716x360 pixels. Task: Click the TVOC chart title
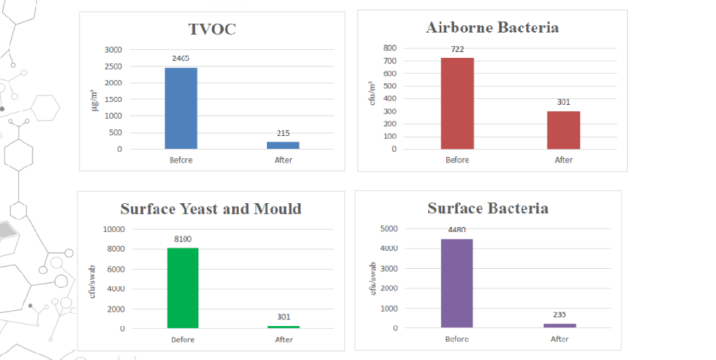pyautogui.click(x=212, y=29)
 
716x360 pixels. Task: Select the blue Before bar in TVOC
pyautogui.click(x=181, y=108)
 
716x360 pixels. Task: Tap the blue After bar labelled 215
pyautogui.click(x=283, y=145)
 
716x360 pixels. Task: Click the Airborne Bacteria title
pyautogui.click(x=493, y=28)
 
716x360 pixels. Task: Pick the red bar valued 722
pyautogui.click(x=457, y=103)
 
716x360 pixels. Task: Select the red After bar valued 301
pyautogui.click(x=563, y=130)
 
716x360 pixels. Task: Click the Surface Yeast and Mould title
pyautogui.click(x=210, y=209)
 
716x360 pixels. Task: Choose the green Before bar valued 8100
pyautogui.click(x=182, y=288)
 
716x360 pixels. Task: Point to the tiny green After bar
pyautogui.click(x=284, y=327)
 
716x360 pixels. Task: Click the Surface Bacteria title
pyautogui.click(x=487, y=208)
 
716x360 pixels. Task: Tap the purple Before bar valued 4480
pyautogui.click(x=456, y=283)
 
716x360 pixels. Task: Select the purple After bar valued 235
pyautogui.click(x=560, y=325)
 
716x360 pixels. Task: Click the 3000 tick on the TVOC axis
pyautogui.click(x=113, y=50)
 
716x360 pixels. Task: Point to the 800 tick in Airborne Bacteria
pyautogui.click(x=390, y=48)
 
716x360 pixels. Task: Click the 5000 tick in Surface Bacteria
pyautogui.click(x=388, y=228)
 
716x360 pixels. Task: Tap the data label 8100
pyautogui.click(x=182, y=239)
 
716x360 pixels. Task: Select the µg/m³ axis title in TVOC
pyautogui.click(x=94, y=100)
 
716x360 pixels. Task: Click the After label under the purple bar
pyautogui.click(x=560, y=339)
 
